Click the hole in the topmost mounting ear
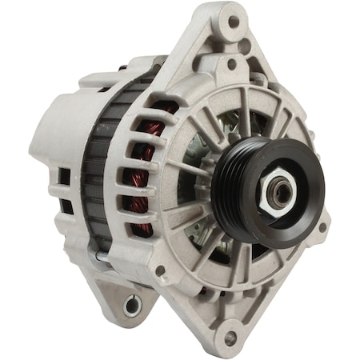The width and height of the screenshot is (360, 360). pyautogui.click(x=234, y=22)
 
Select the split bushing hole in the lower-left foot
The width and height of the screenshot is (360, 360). pyautogui.click(x=132, y=304)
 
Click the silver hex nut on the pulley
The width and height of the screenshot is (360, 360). pyautogui.click(x=282, y=190)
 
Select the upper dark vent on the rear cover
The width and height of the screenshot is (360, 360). pyautogui.click(x=64, y=177)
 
